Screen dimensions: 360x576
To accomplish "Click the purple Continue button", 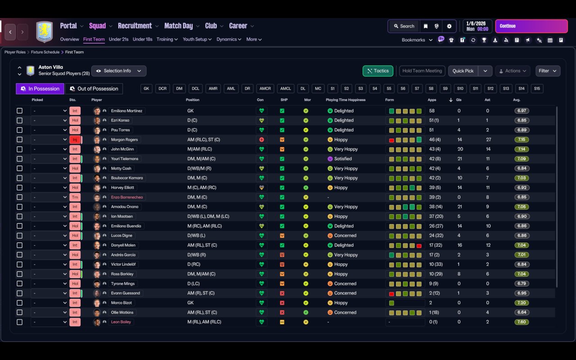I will coord(531,26).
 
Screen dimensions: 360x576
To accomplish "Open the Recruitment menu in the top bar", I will coord(135,26).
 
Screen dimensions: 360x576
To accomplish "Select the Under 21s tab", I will coord(118,39).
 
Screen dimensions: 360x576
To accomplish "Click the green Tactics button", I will coord(378,71).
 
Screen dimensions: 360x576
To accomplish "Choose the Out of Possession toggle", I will coord(94,89).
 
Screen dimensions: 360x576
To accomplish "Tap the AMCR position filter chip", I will coord(265,89).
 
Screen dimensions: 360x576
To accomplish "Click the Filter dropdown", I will coord(547,71).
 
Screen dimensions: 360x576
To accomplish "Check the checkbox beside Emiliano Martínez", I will coord(19,111).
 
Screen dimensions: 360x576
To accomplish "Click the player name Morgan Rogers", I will coord(124,139).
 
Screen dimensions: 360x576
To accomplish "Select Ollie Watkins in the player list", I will coord(122,312).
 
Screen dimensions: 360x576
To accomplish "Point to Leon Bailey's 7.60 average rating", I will coord(522,322).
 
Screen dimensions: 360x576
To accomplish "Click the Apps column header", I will coord(432,100).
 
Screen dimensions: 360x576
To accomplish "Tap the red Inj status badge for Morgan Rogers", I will coord(75,139).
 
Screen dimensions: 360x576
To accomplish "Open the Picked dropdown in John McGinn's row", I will coord(49,149).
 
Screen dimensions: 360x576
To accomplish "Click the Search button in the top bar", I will coord(403,26).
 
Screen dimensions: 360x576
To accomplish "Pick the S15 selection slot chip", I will coord(536,89).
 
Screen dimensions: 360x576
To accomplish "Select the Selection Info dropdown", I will coord(119,71).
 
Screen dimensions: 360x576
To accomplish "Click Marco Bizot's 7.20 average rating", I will coord(522,303).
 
